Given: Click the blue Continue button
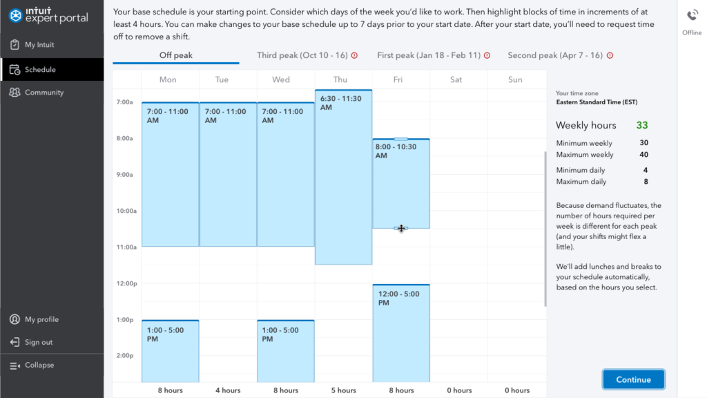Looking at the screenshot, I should coord(633,379).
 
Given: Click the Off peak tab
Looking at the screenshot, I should coord(175,55).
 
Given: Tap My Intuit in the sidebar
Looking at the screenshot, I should coord(39,45).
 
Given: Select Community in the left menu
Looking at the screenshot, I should coord(43,93).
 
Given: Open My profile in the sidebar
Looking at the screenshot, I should coord(41,320).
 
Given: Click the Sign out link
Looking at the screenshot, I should coord(39,343).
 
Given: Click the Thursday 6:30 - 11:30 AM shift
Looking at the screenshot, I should coord(343,177).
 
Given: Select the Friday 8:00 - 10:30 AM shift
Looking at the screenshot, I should coord(400,184).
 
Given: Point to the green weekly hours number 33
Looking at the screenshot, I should coord(642,126).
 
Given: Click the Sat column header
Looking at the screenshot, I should coord(456,79).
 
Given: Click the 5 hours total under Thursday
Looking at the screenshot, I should coord(343,390).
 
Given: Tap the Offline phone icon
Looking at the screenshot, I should coord(692,16).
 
